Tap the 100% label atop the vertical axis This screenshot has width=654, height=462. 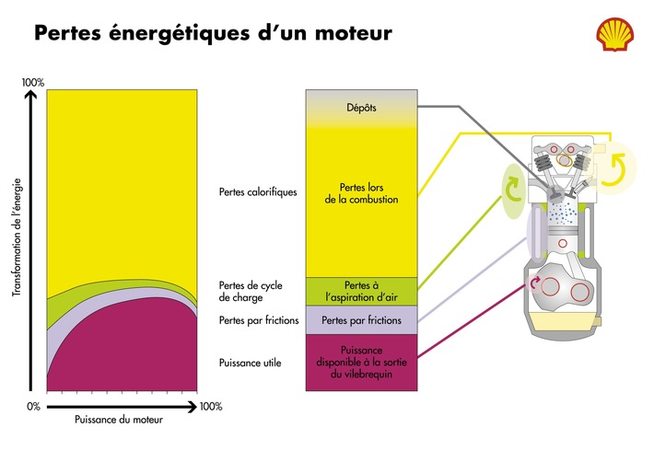(33, 83)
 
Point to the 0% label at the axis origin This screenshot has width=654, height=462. (33, 406)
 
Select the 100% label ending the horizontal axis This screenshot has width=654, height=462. (211, 406)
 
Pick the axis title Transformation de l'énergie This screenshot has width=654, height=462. (17, 239)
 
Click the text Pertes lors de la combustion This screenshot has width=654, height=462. (361, 193)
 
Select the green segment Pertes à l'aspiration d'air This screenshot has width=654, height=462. (361, 291)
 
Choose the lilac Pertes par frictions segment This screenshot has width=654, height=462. (361, 321)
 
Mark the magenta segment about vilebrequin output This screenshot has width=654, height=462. (361, 363)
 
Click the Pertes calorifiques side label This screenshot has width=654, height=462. (258, 192)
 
